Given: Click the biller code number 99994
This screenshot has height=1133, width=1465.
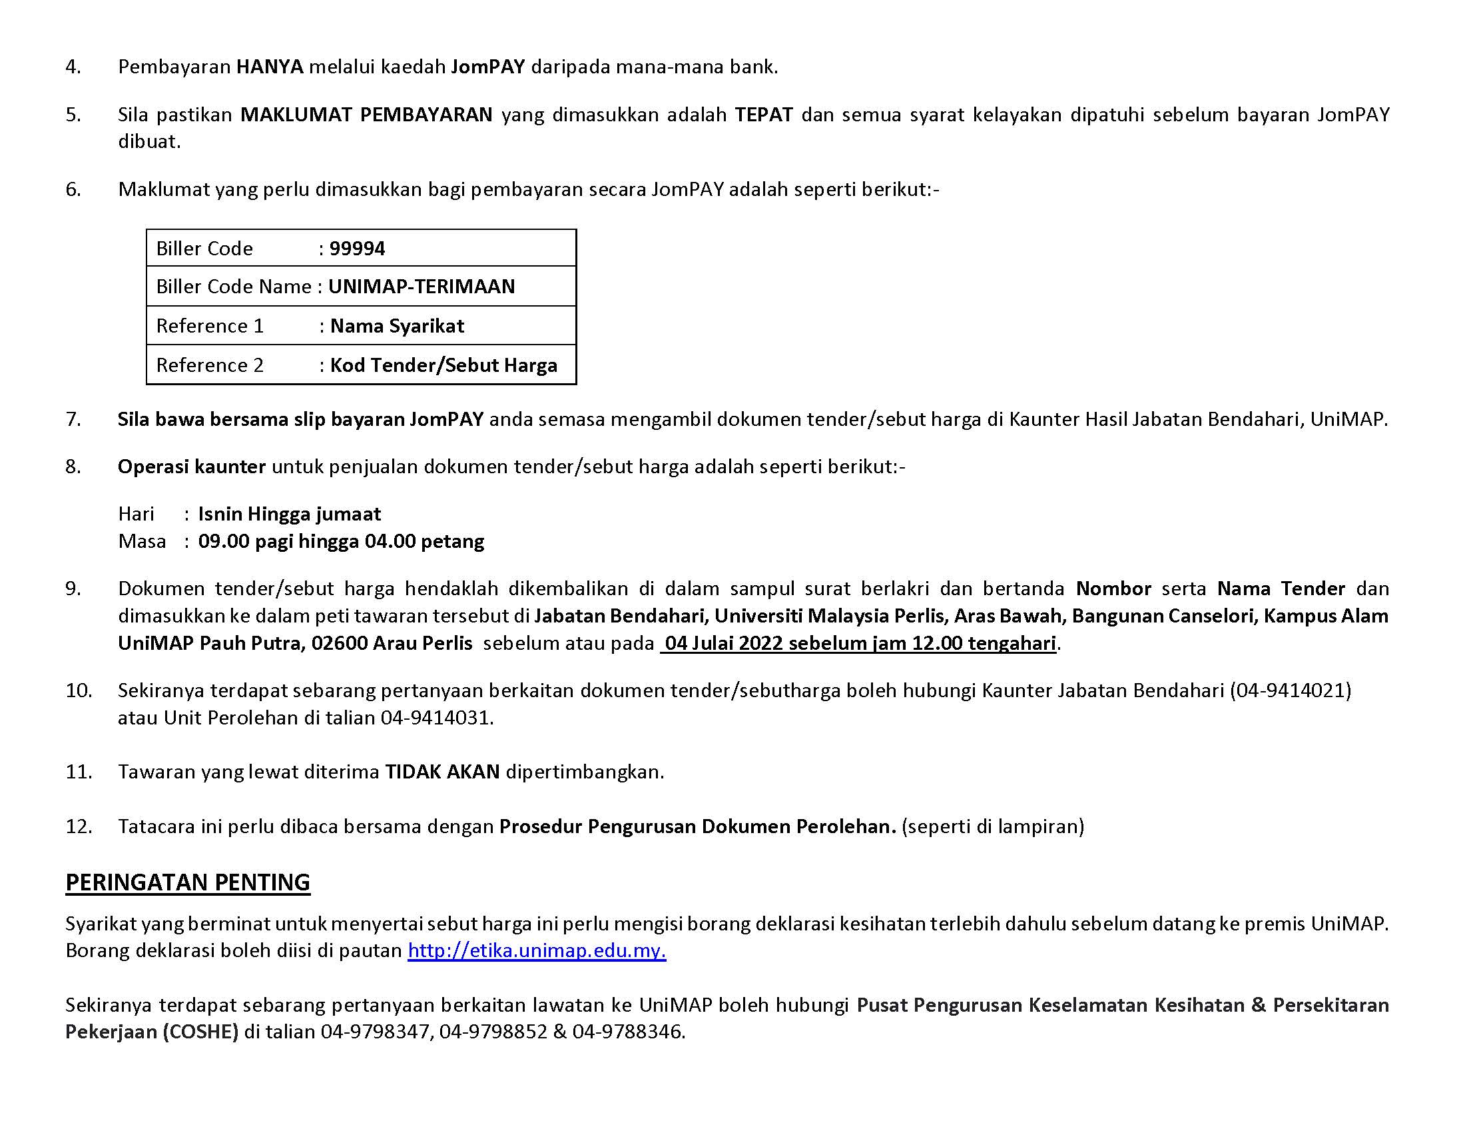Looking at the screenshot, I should [357, 249].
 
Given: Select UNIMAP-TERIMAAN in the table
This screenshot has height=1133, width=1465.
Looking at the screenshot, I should [422, 287].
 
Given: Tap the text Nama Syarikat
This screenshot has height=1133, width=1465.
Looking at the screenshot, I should [397, 326].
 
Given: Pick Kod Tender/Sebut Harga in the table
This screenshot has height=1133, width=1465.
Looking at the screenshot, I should [443, 365].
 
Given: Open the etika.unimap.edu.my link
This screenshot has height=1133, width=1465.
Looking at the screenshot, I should [537, 951].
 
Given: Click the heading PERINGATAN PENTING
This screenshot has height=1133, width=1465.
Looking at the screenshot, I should [188, 882].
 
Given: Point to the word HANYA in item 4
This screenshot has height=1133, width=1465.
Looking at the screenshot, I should [270, 67].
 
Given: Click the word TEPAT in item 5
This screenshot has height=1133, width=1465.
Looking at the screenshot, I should [763, 115].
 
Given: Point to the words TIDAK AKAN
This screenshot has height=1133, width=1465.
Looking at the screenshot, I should [442, 772].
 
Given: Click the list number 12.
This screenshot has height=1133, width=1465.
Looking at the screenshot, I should [79, 826].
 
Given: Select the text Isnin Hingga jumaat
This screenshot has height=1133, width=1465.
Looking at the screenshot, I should [289, 514].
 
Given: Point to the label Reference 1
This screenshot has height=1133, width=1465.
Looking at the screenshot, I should [210, 326].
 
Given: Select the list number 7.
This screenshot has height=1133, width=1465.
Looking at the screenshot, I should [73, 419].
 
